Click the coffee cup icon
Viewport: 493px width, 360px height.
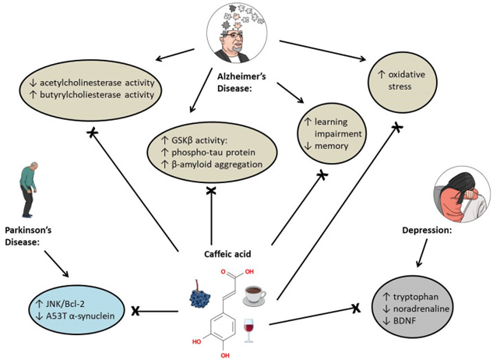click(255, 295)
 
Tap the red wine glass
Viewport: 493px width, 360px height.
click(249, 330)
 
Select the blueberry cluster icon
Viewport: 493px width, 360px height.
click(200, 295)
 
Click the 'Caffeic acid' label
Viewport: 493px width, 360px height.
click(227, 254)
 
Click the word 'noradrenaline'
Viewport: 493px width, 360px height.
click(421, 309)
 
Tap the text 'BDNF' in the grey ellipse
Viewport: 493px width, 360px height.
click(405, 321)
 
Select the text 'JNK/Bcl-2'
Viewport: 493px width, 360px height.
click(65, 304)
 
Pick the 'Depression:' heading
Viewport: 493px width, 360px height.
click(427, 231)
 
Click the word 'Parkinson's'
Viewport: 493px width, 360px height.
click(28, 231)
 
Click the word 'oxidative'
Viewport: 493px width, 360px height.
click(407, 75)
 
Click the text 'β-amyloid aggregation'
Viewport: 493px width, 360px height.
click(217, 164)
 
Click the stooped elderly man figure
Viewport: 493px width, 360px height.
click(28, 190)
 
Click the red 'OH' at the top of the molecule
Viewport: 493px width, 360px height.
click(249, 272)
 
